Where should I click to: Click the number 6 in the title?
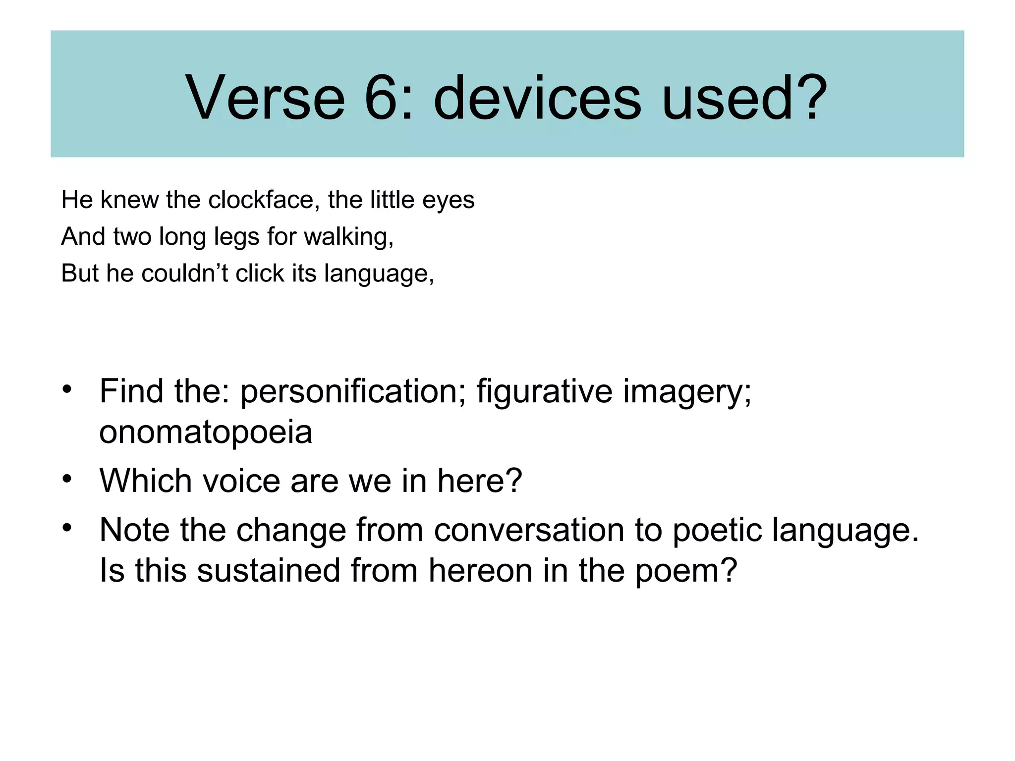[x=381, y=98]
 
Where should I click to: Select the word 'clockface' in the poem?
[x=261, y=200]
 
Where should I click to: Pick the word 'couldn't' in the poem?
[x=184, y=273]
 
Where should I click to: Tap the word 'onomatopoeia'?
[x=206, y=432]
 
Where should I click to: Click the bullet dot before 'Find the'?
[x=67, y=388]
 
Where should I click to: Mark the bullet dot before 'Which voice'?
[x=67, y=479]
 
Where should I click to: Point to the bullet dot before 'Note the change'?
[x=67, y=528]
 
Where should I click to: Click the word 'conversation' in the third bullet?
[x=529, y=530]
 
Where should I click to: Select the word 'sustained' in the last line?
[x=269, y=570]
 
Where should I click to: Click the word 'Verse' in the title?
[x=265, y=98]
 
